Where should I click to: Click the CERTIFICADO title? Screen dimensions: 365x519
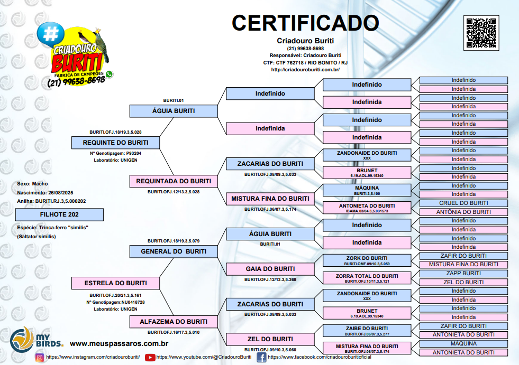305,23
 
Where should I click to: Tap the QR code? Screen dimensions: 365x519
481,33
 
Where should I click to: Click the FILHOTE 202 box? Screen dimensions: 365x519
59,214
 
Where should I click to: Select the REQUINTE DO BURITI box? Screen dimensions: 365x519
115,143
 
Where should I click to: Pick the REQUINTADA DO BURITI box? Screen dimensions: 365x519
174,181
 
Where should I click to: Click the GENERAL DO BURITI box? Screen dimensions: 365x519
174,251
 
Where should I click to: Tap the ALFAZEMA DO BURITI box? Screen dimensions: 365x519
174,322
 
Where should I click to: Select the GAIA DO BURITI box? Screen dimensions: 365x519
270,269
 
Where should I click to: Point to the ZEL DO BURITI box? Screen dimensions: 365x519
270,339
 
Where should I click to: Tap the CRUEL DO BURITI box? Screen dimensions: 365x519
463,203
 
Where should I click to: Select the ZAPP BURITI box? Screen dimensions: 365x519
463,274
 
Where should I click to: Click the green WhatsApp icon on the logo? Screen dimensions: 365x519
110,74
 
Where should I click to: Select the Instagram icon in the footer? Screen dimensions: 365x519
40,358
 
